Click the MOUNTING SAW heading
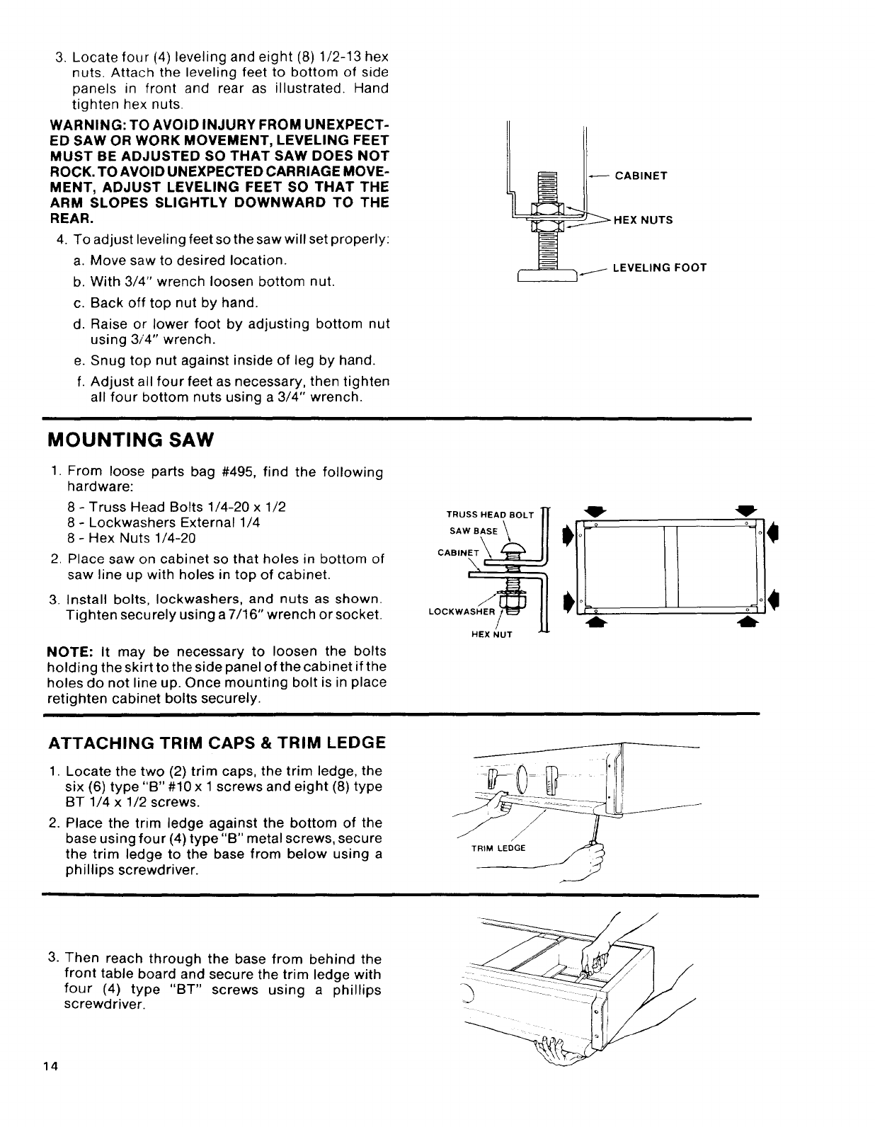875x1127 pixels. pos(130,440)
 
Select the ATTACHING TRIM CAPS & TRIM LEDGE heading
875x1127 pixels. pos(217,743)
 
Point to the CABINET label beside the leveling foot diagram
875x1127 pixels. pos(641,176)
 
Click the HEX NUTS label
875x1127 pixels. pos(643,220)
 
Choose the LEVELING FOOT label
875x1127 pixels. pos(659,268)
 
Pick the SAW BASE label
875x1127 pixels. pos(474,531)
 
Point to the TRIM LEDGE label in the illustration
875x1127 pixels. pos(498,849)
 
